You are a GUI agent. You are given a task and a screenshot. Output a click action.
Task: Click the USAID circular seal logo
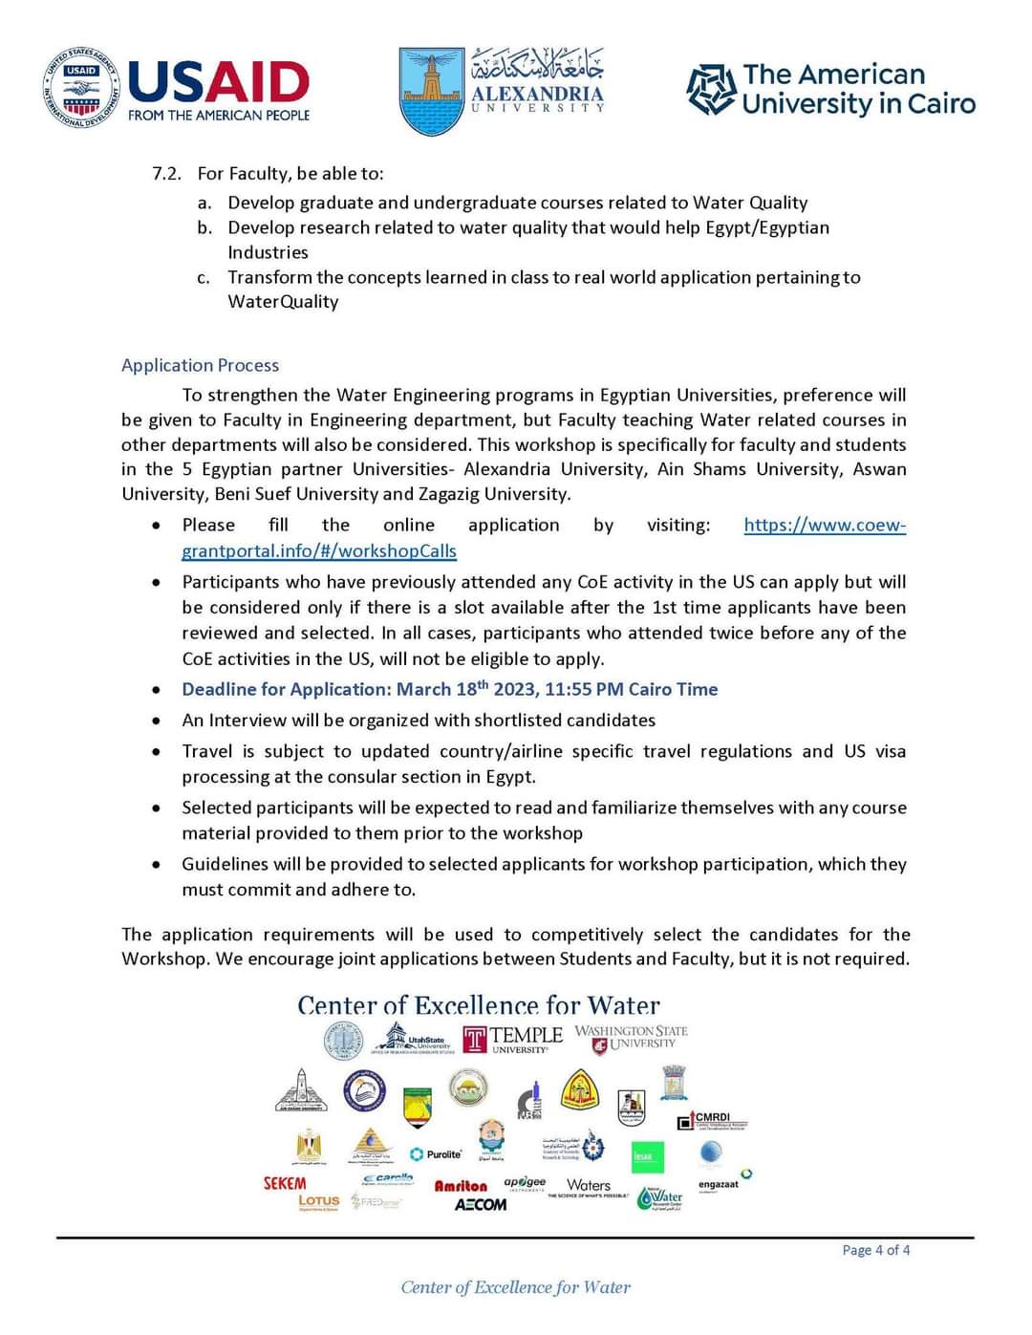[81, 88]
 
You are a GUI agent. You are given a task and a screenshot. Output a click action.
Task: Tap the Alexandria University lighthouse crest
[431, 91]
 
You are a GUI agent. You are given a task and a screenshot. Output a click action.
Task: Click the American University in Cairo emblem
[711, 89]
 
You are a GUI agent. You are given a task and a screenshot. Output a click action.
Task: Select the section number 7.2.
[166, 173]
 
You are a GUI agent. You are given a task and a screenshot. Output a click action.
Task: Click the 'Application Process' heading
[200, 365]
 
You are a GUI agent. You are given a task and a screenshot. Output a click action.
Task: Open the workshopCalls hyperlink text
[319, 551]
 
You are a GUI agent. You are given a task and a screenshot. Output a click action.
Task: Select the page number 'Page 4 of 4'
[875, 1250]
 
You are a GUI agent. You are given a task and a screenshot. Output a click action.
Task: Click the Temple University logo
[512, 1039]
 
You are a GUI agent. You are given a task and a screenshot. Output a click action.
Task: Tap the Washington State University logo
[632, 1039]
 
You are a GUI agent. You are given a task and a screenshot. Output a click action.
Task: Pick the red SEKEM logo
[285, 1183]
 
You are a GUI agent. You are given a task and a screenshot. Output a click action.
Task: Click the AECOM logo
[480, 1204]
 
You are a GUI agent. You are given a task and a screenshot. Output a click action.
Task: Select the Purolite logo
[436, 1154]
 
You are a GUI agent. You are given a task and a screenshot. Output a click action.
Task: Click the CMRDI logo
[712, 1120]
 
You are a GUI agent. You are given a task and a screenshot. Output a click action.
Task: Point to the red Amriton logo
[461, 1186]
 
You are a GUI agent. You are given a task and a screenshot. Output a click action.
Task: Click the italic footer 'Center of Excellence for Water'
[516, 1287]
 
